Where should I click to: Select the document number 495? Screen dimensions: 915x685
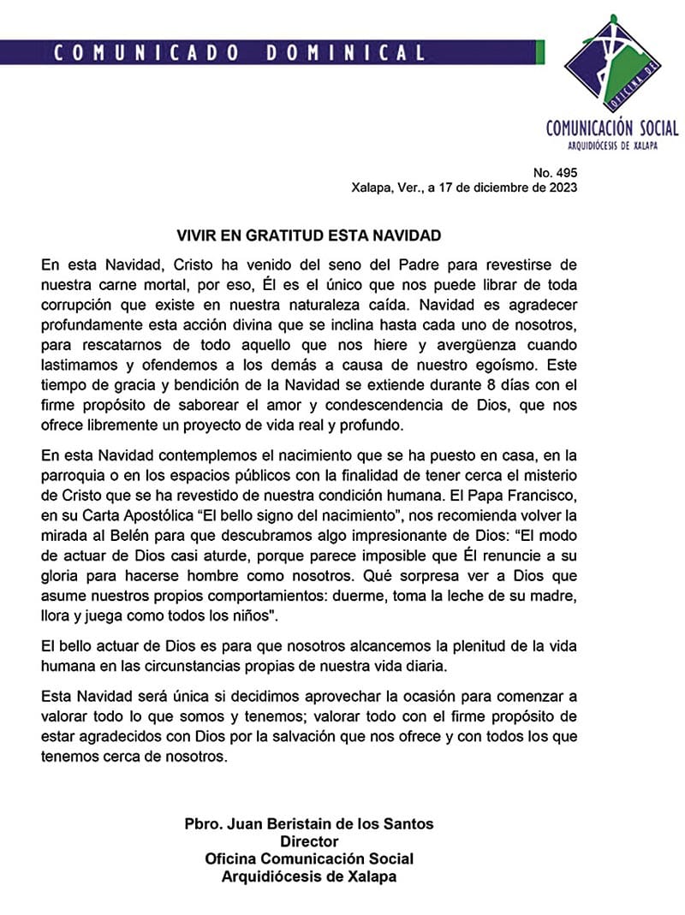(x=566, y=172)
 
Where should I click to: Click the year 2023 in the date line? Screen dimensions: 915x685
(x=562, y=188)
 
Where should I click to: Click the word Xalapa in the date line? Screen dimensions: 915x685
(x=371, y=188)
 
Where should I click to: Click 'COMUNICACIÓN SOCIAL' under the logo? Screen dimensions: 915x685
(x=612, y=128)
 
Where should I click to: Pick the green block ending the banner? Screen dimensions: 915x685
(x=540, y=53)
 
